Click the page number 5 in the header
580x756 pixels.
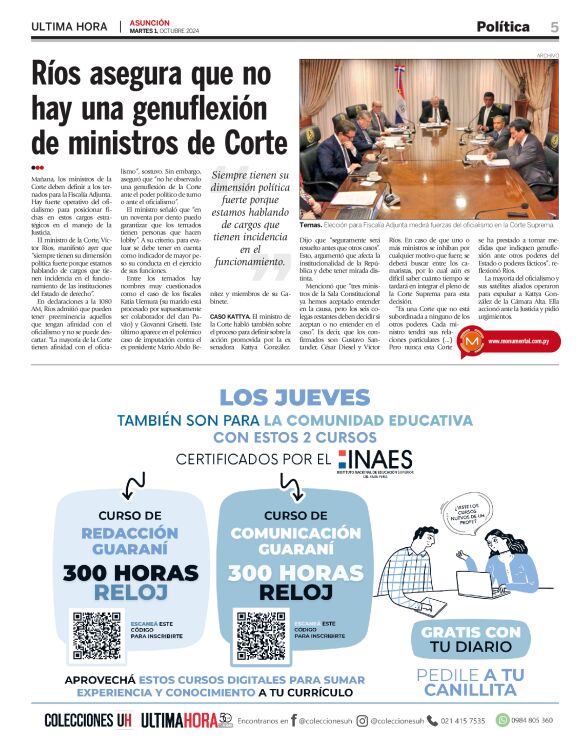[553, 26]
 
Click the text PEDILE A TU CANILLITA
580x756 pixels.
[470, 682]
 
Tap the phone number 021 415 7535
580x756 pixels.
[462, 720]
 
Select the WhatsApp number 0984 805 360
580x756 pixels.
[539, 720]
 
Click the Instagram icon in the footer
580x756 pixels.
[362, 720]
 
